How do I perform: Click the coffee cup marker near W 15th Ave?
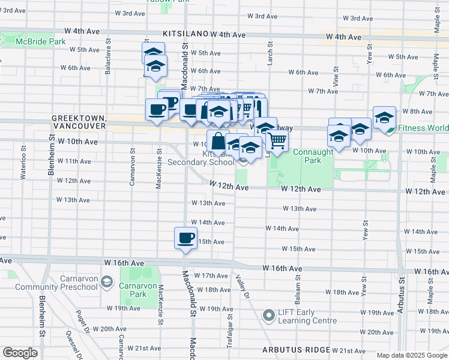(x=185, y=238)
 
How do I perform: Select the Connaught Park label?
(x=313, y=157)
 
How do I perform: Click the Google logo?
(x=20, y=353)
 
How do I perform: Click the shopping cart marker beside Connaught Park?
(x=277, y=140)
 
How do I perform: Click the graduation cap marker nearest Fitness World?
(x=384, y=117)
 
